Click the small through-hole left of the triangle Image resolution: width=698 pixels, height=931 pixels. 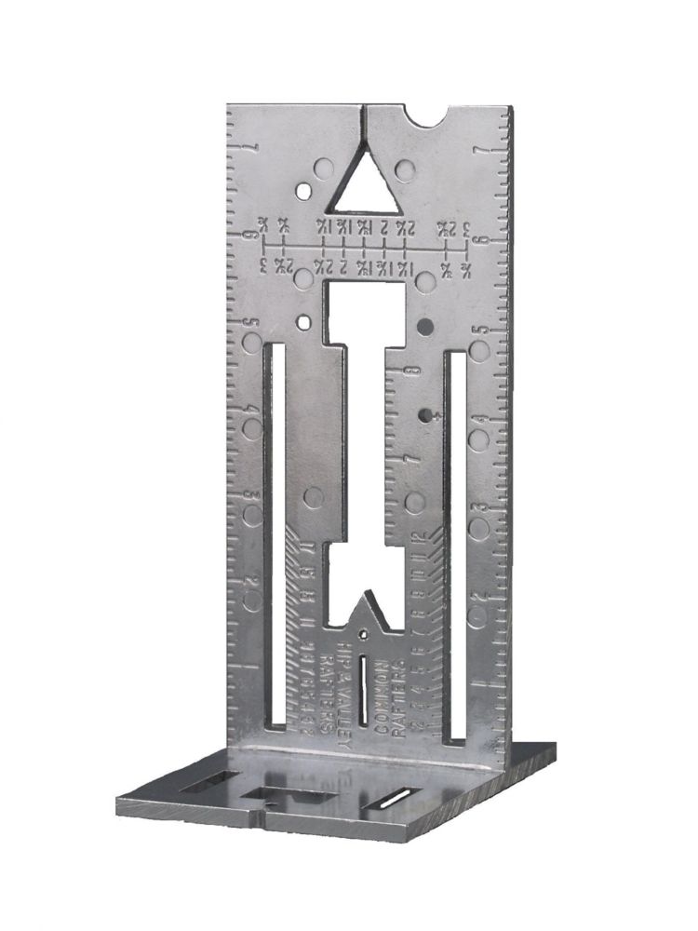click(x=303, y=192)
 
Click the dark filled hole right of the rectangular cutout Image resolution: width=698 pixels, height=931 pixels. click(x=425, y=326)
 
